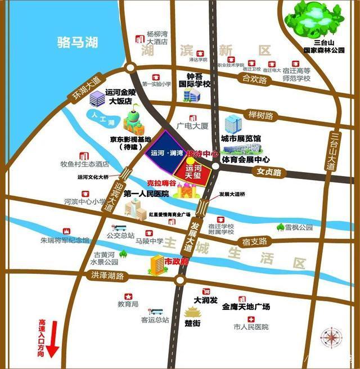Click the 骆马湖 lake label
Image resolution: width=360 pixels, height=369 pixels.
pos(78,42)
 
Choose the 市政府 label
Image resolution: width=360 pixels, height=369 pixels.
pos(176,262)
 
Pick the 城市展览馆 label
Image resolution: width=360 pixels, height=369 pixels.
pos(241,138)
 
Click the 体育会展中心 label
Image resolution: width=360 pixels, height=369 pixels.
pos(245,160)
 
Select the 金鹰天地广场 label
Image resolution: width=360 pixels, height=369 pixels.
pos(246,307)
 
